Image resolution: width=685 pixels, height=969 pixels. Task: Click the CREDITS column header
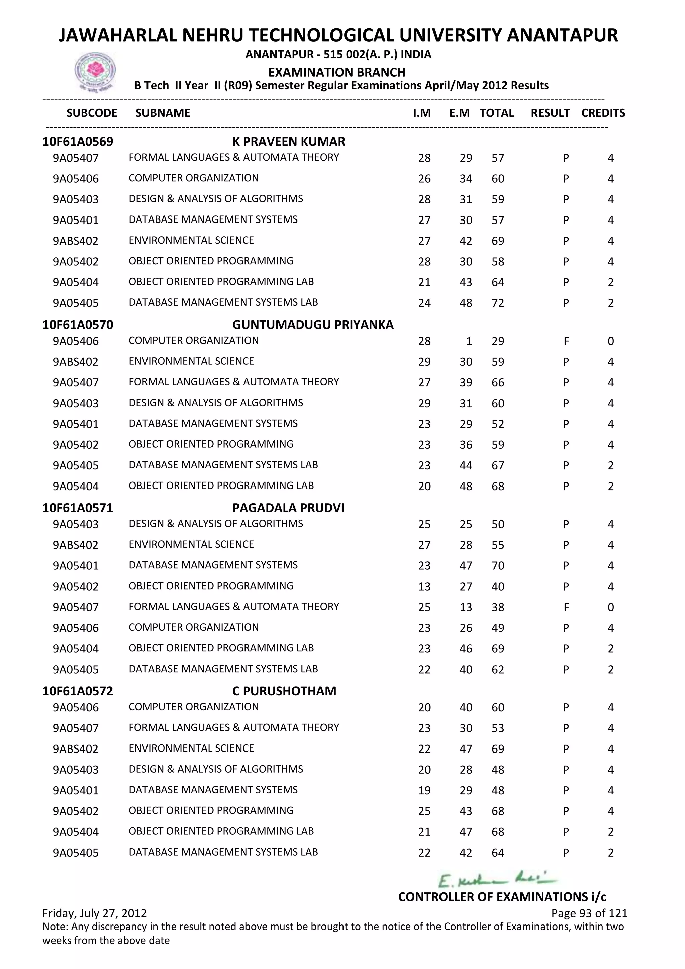[x=603, y=113]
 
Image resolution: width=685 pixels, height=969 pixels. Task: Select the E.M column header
[x=459, y=113]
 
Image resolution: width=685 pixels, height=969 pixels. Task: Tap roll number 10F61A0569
[x=78, y=142]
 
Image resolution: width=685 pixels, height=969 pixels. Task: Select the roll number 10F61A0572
[x=78, y=691]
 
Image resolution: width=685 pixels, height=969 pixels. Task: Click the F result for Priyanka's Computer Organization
[x=566, y=341]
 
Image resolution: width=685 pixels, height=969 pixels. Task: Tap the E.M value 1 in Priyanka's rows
[x=469, y=341]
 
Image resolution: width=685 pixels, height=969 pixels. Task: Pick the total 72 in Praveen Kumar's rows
[x=498, y=303]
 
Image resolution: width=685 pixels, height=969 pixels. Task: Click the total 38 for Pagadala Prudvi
[x=498, y=607]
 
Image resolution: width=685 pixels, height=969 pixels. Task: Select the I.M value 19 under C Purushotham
[x=424, y=790]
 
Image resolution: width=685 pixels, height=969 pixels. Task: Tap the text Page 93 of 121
[x=589, y=913]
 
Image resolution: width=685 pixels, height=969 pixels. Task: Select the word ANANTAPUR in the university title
[x=562, y=35]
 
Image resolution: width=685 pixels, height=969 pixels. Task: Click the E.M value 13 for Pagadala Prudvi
[x=466, y=607]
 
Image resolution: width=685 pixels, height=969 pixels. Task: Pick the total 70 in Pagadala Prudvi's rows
[x=498, y=566]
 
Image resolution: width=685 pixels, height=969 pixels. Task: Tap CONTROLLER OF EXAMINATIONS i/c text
[x=502, y=897]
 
